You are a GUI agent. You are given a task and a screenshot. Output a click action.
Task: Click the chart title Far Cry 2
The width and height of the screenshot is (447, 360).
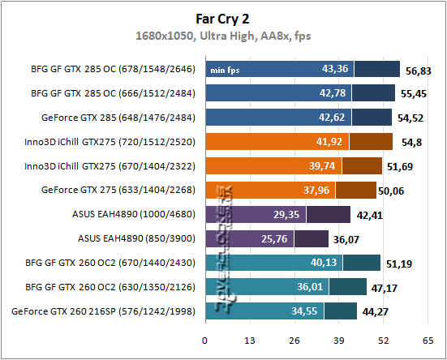(x=223, y=16)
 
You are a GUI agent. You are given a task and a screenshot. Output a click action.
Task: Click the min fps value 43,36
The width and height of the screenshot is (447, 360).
(x=335, y=70)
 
